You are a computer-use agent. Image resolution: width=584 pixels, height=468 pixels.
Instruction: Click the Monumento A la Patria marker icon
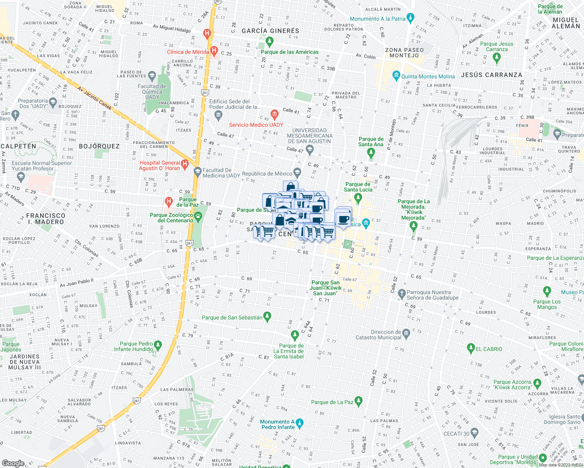(x=410, y=18)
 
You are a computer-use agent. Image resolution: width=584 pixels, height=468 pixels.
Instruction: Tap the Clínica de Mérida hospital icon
(x=214, y=51)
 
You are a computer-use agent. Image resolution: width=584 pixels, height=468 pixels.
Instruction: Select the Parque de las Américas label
(x=290, y=52)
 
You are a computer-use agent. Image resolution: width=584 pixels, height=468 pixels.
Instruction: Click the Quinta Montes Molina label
(x=428, y=77)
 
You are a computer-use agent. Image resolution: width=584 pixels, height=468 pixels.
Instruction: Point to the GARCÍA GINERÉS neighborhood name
(x=271, y=31)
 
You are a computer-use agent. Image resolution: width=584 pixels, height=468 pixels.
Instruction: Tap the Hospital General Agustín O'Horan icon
(x=185, y=165)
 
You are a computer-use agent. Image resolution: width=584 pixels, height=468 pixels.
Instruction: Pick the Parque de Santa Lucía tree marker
(x=358, y=199)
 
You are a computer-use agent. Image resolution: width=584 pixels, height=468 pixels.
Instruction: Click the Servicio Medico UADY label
(x=256, y=125)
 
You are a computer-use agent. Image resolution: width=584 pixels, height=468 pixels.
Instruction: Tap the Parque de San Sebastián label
(x=232, y=318)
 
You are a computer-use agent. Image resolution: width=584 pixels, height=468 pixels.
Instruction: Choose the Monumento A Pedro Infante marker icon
(x=299, y=423)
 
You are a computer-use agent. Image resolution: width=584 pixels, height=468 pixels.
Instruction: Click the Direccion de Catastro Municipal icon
(x=406, y=333)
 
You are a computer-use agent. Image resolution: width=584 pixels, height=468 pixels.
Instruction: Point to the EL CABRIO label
(x=489, y=349)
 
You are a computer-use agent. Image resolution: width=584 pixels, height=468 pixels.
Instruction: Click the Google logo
(x=13, y=463)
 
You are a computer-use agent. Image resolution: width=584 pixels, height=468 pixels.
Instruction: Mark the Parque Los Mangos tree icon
(x=547, y=291)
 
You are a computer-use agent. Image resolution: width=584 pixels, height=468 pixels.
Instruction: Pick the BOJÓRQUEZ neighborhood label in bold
(x=99, y=147)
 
